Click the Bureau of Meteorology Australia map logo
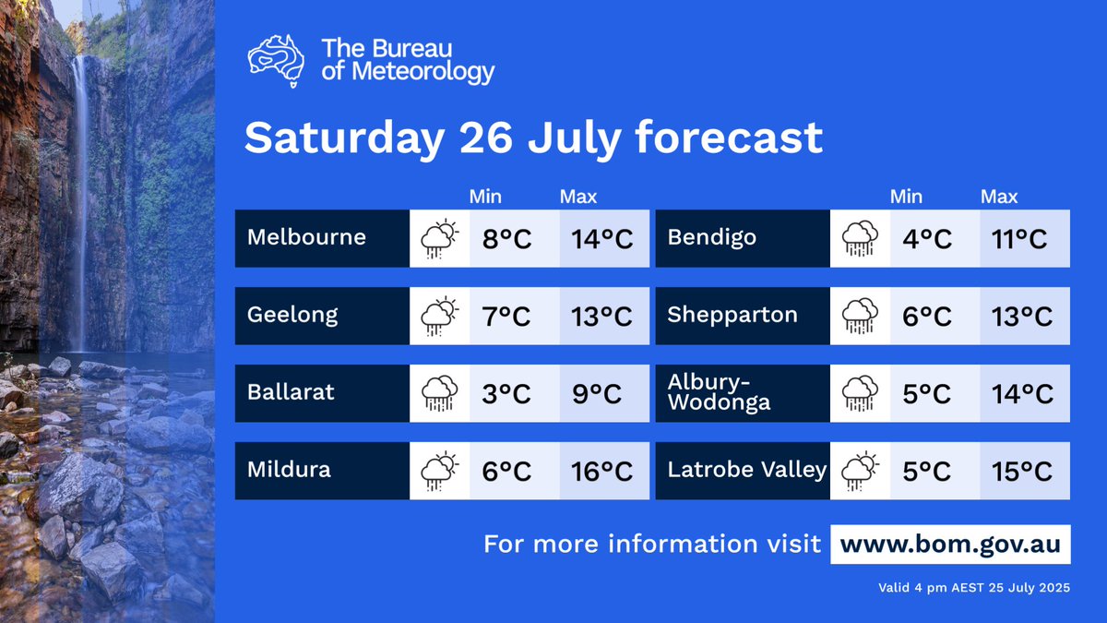[x=276, y=61]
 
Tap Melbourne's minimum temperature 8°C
[x=506, y=239]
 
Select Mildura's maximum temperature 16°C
[x=604, y=472]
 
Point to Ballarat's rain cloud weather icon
[x=439, y=393]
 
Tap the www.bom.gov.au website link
[x=951, y=544]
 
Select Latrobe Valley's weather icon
[x=860, y=471]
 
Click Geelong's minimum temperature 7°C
[x=506, y=317]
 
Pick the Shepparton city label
[x=732, y=315]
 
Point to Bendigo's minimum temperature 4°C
[x=926, y=239]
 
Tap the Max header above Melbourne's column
[x=578, y=197]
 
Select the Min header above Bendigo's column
[x=906, y=197]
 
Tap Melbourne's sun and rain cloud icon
[x=439, y=238]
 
